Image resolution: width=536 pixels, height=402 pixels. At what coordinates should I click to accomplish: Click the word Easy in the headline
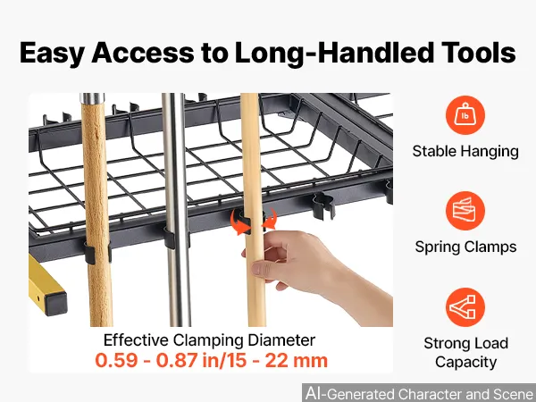[x=52, y=53]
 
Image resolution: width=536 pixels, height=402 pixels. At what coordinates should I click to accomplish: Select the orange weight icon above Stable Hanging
[x=465, y=115]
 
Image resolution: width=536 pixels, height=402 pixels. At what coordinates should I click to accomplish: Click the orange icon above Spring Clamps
[x=465, y=211]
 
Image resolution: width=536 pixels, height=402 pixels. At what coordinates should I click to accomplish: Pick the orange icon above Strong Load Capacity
[x=465, y=307]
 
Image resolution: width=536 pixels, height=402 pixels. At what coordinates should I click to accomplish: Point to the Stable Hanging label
[x=465, y=152]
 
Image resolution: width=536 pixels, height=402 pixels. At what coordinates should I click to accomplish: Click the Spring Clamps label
[x=465, y=247]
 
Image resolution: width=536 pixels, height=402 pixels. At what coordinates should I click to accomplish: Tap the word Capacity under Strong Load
[x=465, y=363]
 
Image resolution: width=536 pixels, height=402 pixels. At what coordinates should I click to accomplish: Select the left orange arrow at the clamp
[x=239, y=222]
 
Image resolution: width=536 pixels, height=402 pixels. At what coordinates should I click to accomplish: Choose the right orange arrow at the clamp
[x=270, y=220]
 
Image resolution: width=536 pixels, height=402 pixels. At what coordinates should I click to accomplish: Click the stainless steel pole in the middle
[x=176, y=209]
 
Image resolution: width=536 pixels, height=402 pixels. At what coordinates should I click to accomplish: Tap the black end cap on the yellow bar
[x=55, y=304]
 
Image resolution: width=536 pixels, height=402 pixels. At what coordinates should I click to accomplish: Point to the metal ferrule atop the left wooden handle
[x=92, y=98]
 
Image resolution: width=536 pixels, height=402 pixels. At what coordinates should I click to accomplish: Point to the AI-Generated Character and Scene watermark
[x=420, y=393]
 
